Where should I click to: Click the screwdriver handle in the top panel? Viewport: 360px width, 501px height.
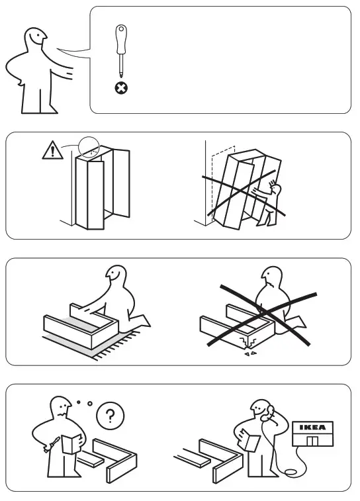coord(121,39)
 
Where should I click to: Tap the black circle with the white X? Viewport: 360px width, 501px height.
coord(121,88)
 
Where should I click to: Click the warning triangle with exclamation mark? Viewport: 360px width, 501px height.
coord(52,150)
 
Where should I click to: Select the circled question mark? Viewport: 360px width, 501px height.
coord(111,416)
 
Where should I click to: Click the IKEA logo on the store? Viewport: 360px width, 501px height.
coord(313,427)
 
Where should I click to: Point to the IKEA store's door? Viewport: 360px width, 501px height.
coord(312,441)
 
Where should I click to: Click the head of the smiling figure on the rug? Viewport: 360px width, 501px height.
coord(116,274)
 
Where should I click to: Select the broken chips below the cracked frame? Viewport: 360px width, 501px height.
coord(250,353)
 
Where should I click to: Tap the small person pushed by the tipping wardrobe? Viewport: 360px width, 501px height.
coord(269,204)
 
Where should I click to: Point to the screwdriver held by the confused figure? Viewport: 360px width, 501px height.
coord(52,444)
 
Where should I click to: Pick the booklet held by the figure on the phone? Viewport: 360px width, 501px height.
coord(249,440)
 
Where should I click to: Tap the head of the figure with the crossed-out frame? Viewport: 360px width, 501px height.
coord(271,276)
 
